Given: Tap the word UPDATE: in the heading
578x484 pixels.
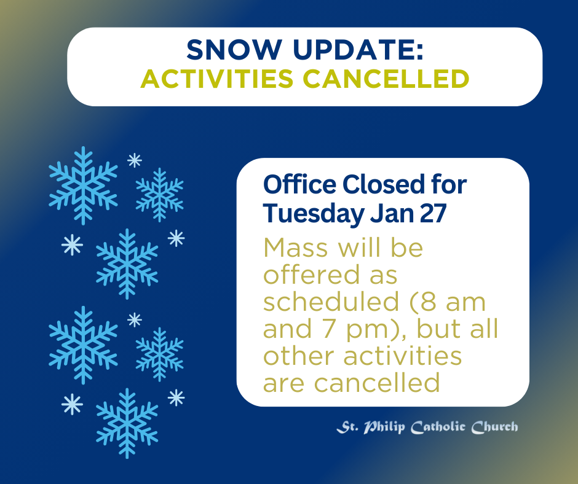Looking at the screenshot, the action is click(358, 50).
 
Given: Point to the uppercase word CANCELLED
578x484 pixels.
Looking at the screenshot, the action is click(386, 79).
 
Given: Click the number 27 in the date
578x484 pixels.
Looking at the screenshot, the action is click(434, 214).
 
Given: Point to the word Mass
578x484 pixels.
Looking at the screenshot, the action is click(296, 248).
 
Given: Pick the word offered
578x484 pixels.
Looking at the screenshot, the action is click(312, 275).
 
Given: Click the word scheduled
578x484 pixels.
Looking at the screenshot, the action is click(331, 302).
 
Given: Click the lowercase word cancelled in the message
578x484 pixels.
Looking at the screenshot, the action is click(377, 383).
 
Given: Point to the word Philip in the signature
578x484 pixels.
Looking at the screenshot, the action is click(384, 427).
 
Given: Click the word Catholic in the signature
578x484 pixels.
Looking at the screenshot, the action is click(438, 427).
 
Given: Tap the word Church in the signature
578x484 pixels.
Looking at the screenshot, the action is click(495, 427).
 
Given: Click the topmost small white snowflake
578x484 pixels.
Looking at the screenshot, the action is click(135, 160).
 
